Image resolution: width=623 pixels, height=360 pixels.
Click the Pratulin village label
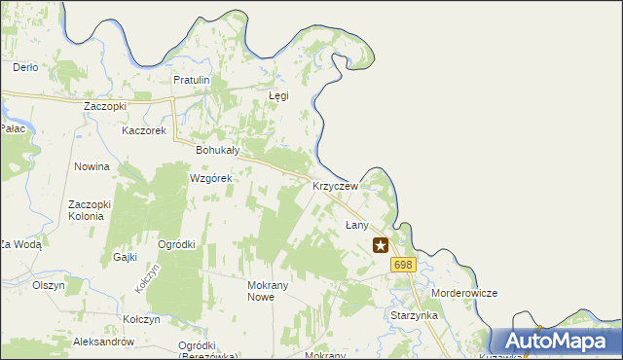click(x=192, y=80)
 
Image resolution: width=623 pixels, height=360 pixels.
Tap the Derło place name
click(x=24, y=67)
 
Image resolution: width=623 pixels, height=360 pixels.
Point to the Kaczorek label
click(x=144, y=130)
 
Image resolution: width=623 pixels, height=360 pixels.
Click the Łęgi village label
click(x=278, y=96)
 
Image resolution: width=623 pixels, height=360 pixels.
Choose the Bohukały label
click(x=218, y=151)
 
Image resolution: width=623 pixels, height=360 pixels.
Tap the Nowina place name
click(x=92, y=167)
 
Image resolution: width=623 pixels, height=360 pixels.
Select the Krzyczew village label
click(x=335, y=186)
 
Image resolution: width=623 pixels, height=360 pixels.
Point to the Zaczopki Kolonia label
click(x=92, y=210)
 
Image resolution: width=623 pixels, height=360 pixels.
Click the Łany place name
click(x=357, y=225)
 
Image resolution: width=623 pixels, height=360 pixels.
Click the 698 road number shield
click(x=403, y=265)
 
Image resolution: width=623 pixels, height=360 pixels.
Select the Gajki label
click(x=125, y=257)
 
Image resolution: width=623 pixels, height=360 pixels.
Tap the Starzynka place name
click(x=414, y=316)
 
